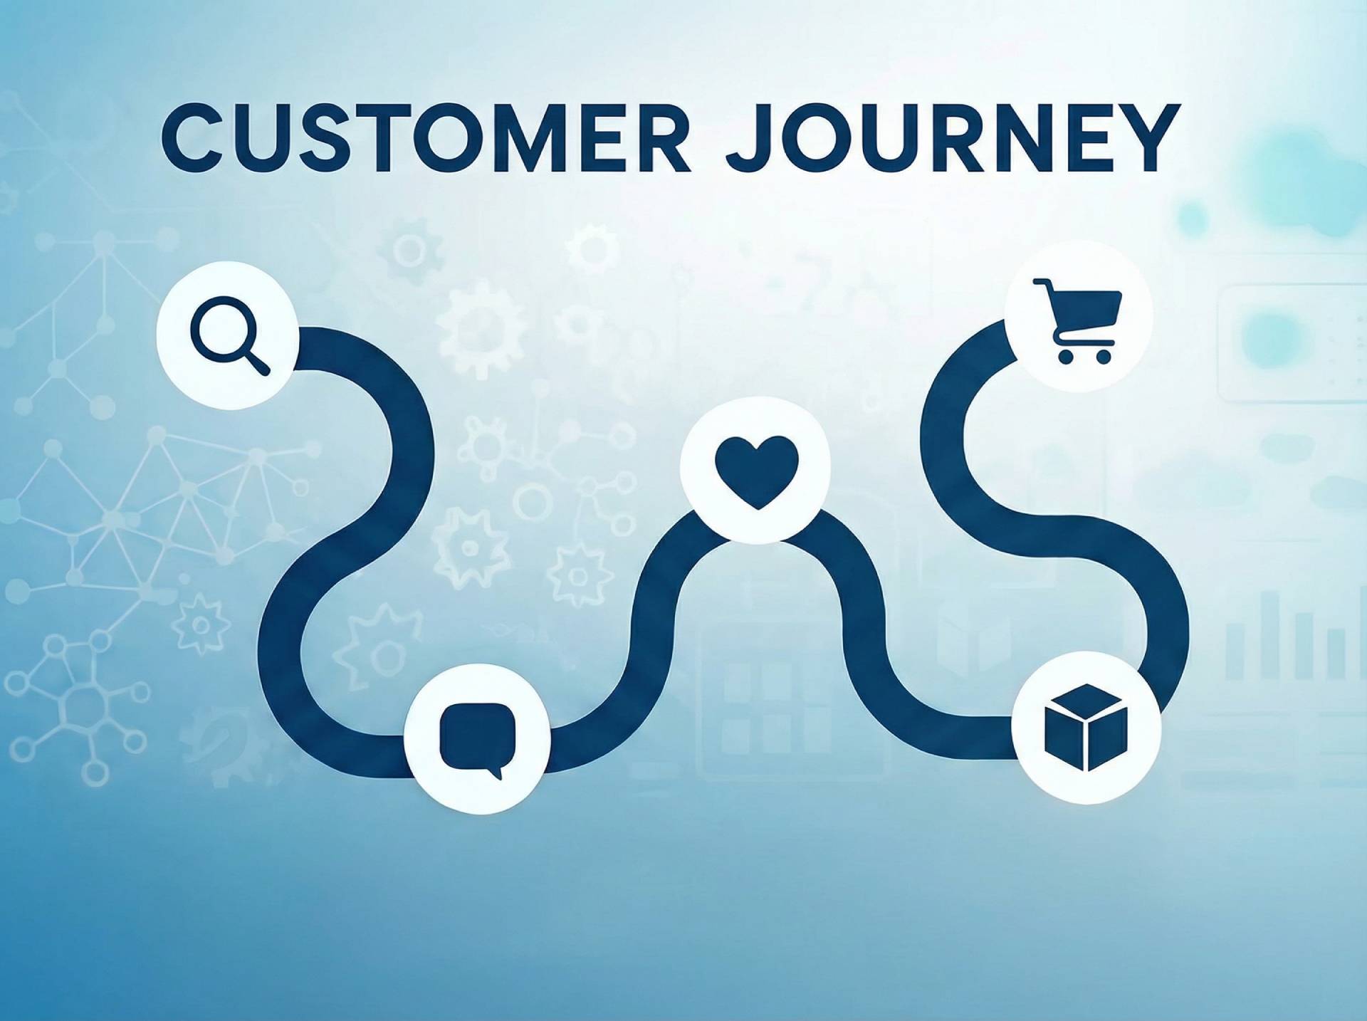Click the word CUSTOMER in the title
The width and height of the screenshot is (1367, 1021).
(426, 137)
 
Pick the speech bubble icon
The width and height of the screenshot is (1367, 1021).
(477, 739)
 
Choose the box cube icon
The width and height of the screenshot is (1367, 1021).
(1086, 727)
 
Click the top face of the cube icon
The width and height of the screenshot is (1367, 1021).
(1086, 700)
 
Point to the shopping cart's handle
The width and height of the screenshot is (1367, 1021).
(1041, 284)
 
